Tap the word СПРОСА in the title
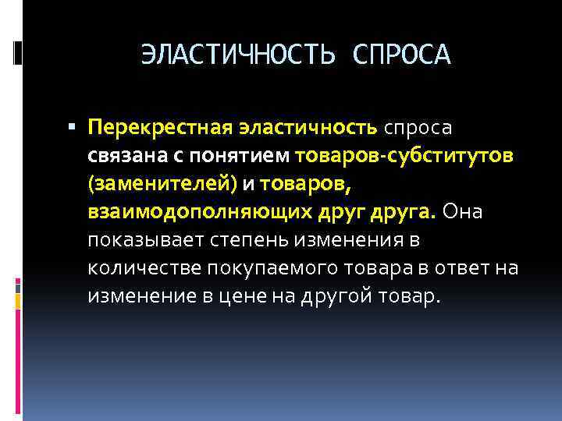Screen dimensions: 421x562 (402, 55)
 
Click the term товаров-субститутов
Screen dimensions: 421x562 (404, 155)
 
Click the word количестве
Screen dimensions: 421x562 (145, 268)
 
